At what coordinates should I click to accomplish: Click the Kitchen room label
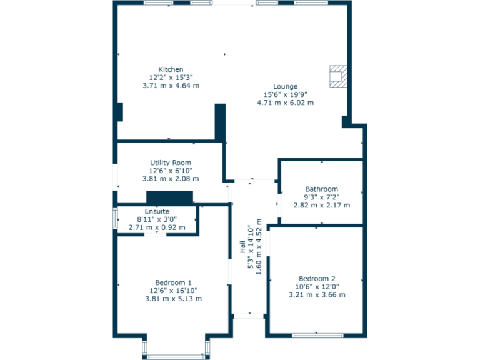point(171,69)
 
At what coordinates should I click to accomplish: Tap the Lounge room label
point(285,86)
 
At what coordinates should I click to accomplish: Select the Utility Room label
point(171,162)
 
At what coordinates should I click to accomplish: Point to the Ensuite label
point(157,211)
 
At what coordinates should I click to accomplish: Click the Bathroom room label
point(321,189)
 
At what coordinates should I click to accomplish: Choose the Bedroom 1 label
point(173,282)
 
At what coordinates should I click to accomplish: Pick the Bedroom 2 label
point(317,278)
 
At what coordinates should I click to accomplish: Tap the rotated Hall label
point(242,247)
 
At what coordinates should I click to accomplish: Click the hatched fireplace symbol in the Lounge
point(339,75)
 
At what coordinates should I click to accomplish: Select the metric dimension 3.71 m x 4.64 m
point(171,86)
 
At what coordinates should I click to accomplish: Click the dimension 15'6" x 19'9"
point(285,94)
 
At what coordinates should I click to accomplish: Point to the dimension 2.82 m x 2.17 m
point(321,205)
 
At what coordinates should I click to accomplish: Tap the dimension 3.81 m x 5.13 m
point(173,299)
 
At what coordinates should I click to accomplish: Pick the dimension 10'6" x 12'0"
point(317,286)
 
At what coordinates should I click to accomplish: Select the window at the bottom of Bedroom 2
point(317,336)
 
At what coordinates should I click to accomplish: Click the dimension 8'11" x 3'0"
point(157,219)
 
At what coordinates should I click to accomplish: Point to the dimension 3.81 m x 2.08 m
point(171,179)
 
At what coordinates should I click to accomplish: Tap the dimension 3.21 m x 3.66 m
point(317,295)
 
